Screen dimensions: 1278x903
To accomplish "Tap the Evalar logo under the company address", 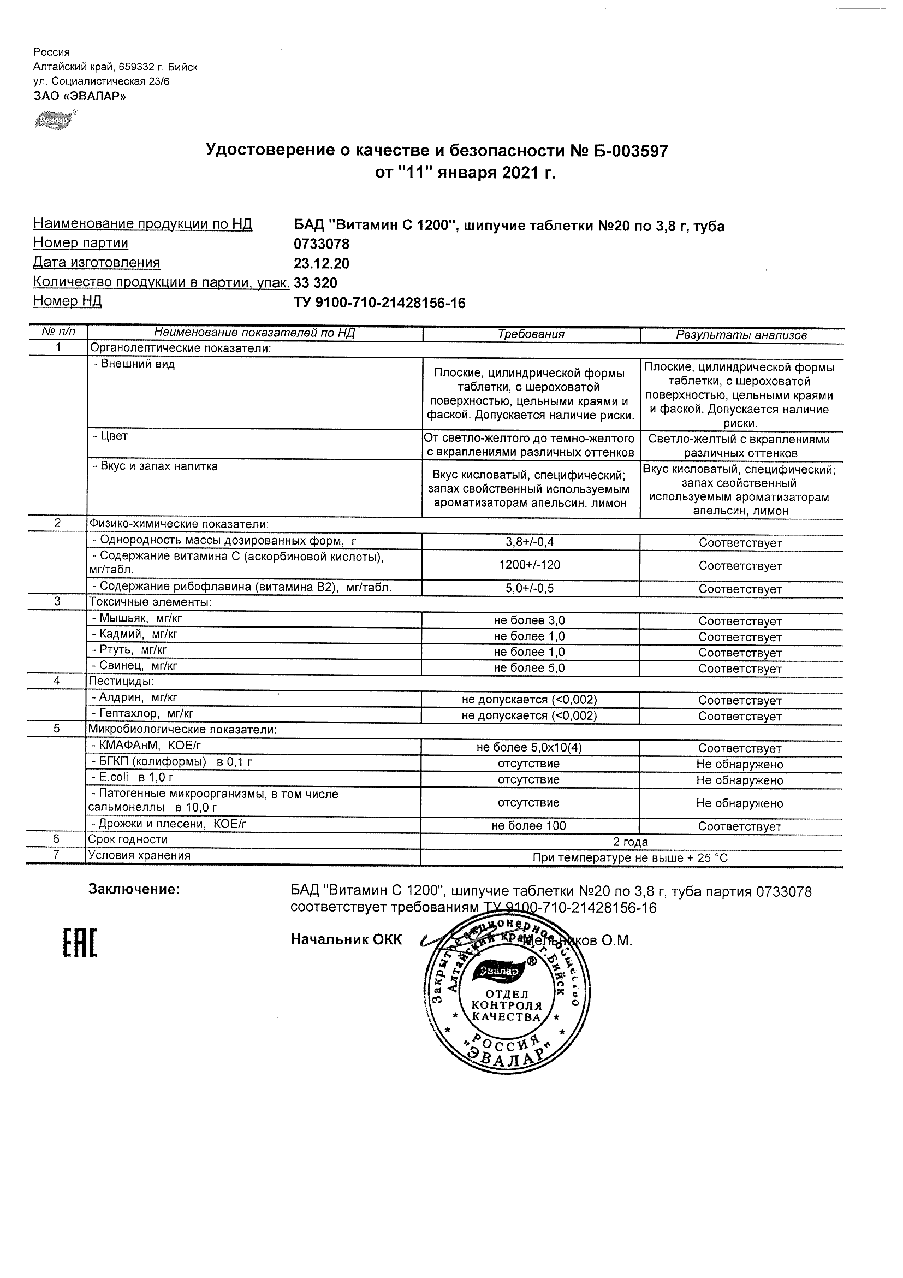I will tap(54, 120).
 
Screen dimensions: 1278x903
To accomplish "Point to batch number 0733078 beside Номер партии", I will tap(321, 244).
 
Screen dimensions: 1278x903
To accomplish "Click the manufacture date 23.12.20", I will tap(321, 263).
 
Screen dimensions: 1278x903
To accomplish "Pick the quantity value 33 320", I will tap(315, 283).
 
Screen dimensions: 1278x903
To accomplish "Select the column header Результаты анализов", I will tap(741, 335).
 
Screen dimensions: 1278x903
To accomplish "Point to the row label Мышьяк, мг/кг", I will tap(137, 618).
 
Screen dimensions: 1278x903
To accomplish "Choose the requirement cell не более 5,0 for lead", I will tap(529, 668).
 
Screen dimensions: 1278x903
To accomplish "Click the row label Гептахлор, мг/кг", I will tap(142, 714).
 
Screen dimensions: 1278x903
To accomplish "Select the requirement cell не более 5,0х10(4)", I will tap(529, 748).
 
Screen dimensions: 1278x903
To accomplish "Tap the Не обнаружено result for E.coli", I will tap(739, 780).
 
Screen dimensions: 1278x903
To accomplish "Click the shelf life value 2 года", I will tap(630, 842).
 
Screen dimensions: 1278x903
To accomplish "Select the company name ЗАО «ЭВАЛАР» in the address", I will tap(80, 96).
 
